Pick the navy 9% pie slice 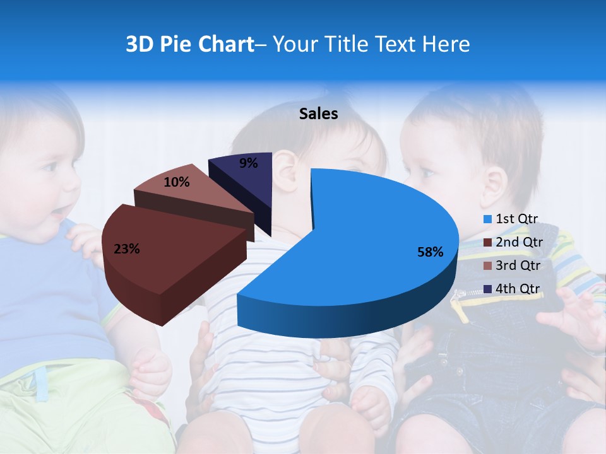[246, 177]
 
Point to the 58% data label [430, 252]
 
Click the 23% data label [126, 249]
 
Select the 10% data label [176, 182]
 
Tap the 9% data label [249, 163]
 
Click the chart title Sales [318, 113]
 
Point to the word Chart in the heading [224, 44]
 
